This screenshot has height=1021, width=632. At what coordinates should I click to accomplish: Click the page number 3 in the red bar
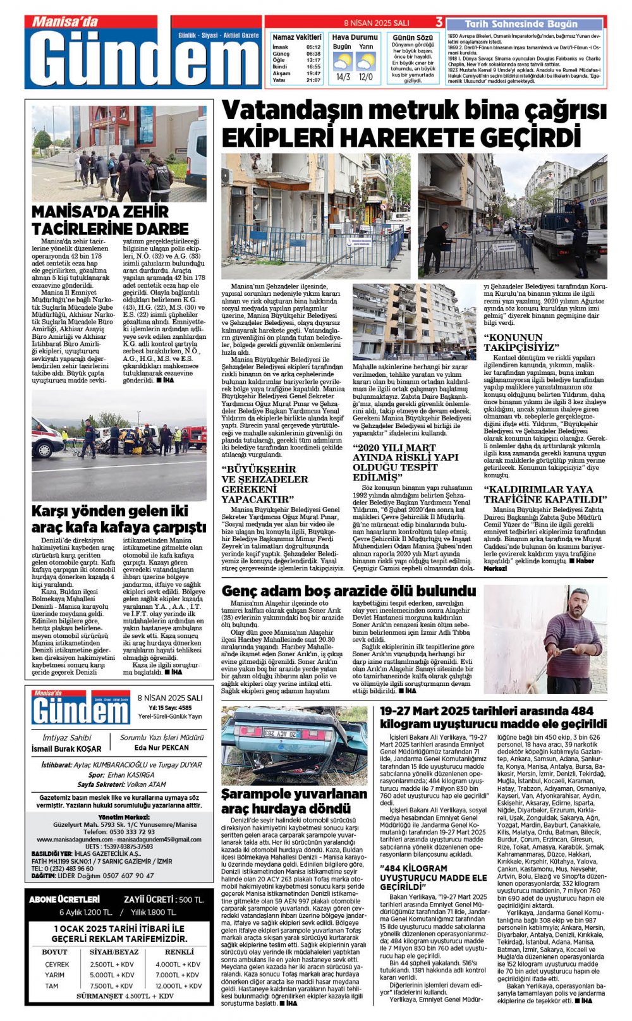[x=439, y=23]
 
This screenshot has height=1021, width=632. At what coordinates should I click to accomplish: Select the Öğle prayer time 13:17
[x=313, y=60]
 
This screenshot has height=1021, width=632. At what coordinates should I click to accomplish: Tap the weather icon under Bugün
[x=343, y=62]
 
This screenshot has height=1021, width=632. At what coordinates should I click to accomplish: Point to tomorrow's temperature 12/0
[x=365, y=77]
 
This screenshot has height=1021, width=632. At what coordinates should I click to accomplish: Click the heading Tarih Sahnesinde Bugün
[x=521, y=24]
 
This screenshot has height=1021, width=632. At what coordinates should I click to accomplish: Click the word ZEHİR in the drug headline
[x=143, y=212]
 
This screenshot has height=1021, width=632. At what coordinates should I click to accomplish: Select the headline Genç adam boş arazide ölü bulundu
[x=348, y=590]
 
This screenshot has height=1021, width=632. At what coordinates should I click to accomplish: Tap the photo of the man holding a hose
[x=544, y=640]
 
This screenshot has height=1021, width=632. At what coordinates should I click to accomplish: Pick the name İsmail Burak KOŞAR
[x=66, y=749]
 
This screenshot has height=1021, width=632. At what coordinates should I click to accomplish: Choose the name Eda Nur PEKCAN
[x=162, y=747]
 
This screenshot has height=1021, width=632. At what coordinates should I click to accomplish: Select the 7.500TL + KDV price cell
[x=111, y=986]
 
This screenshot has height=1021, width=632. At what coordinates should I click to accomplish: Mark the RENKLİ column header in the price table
[x=179, y=951]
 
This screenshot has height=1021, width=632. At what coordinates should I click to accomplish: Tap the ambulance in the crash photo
[x=46, y=436]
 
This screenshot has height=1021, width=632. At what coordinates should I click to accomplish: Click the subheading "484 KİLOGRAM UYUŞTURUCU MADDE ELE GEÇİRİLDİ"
[x=433, y=877]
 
